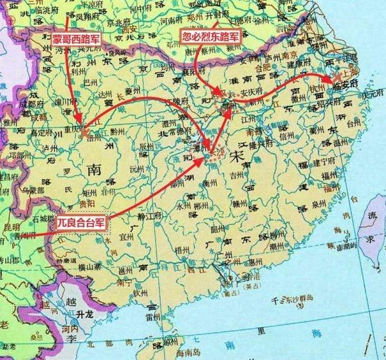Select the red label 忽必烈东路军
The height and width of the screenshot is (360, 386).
click(x=207, y=35)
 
